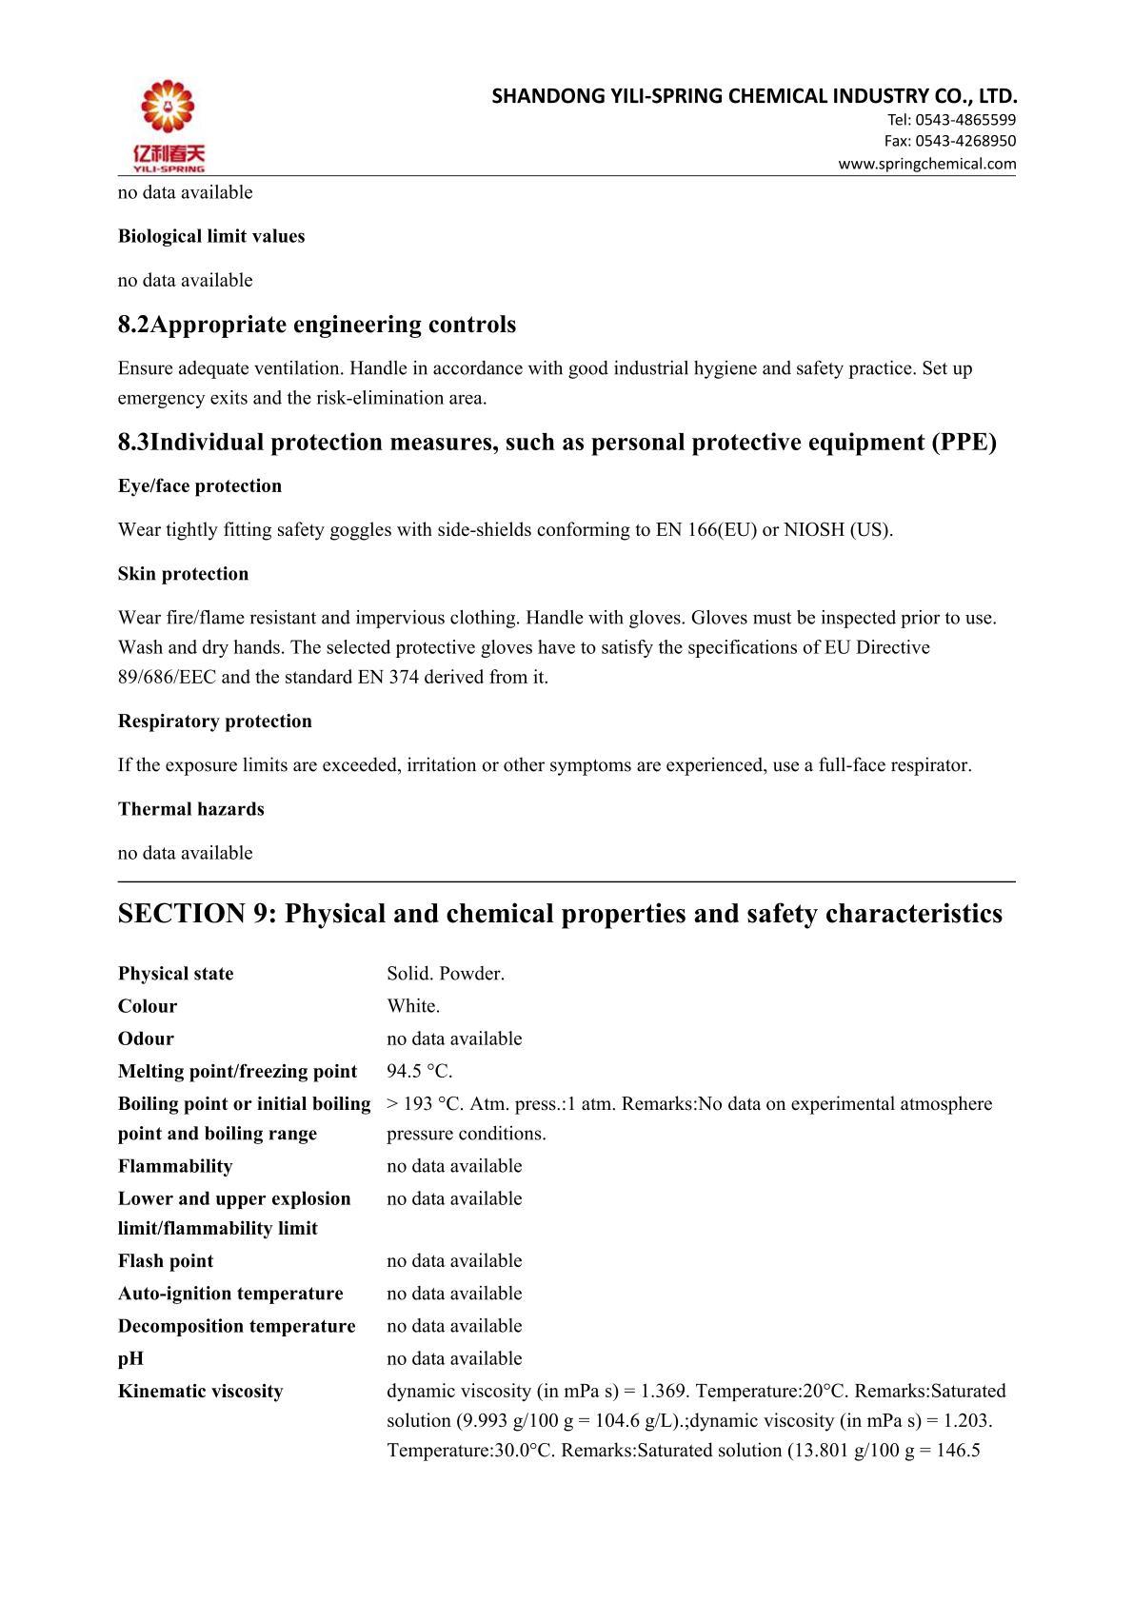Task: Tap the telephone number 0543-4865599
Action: (964, 120)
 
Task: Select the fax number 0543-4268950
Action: (964, 141)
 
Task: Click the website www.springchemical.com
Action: (926, 164)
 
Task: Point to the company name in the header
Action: (754, 96)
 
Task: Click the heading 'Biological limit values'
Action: (211, 236)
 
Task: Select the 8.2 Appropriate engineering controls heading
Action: (317, 325)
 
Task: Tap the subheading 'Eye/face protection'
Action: (200, 486)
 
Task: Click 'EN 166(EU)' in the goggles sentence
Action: (706, 530)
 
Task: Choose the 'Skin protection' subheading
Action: (183, 574)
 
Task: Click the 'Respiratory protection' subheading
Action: (215, 722)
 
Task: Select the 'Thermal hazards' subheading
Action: (191, 809)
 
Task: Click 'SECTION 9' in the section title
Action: (195, 914)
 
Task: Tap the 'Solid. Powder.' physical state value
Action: (446, 974)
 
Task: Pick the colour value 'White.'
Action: (413, 1006)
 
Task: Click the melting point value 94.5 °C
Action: (420, 1072)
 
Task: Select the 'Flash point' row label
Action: (166, 1261)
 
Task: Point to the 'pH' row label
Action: (131, 1359)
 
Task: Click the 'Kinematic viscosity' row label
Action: (201, 1392)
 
